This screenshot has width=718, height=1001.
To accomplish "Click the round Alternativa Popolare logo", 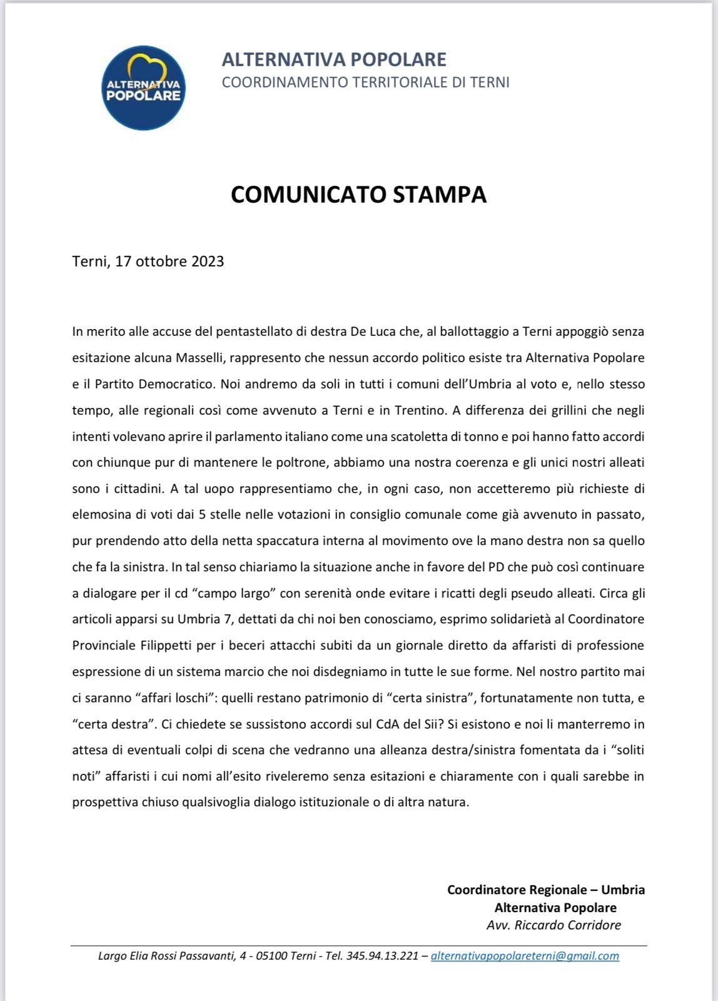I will (x=144, y=88).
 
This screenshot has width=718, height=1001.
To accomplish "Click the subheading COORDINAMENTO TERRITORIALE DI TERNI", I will (x=365, y=82).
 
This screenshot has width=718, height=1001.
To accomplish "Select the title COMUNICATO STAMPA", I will (x=358, y=195).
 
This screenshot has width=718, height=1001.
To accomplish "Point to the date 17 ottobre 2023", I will (x=169, y=261).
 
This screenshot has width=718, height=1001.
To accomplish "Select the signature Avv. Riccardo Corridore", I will (x=554, y=925).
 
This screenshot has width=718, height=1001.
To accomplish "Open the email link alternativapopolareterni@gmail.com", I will (x=525, y=956).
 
